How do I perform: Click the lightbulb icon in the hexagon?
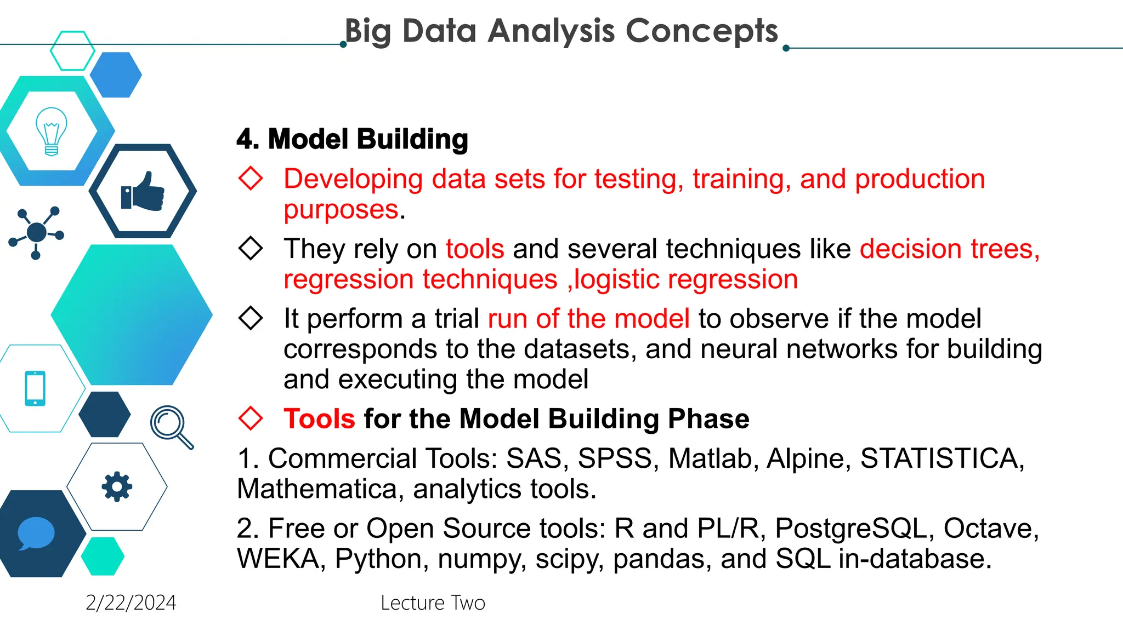point(51,131)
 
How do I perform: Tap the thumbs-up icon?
point(143,192)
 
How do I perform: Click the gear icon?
point(117,486)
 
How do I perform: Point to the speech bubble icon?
point(36,533)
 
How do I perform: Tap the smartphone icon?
point(35,388)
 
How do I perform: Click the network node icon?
point(37,232)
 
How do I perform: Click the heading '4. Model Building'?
point(352,139)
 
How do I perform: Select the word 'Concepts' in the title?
point(701,31)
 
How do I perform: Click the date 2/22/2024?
point(131,603)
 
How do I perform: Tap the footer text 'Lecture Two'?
point(433,603)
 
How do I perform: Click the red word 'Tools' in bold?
point(319,419)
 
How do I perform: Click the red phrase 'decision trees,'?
point(949,249)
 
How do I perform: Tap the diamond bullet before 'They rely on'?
point(251,248)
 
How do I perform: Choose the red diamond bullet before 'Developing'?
point(251,179)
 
